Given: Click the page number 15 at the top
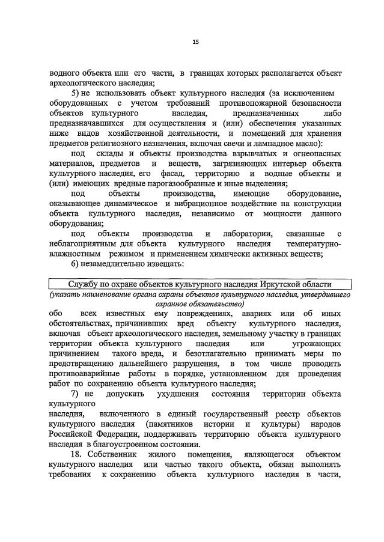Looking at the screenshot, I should click(195, 41).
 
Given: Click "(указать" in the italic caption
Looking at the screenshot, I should click(67, 295).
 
